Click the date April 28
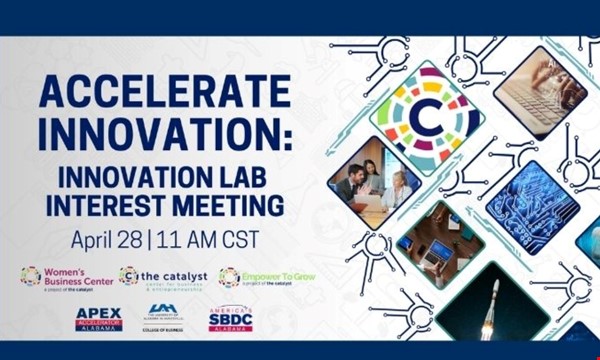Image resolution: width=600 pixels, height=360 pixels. pos(109,240)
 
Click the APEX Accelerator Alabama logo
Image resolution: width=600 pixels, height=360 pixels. pos(99,319)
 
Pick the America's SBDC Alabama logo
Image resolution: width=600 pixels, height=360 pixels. pos(230,319)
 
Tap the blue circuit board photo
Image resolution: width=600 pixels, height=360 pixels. pos(525,205)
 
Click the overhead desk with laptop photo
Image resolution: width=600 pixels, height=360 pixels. pos(441,245)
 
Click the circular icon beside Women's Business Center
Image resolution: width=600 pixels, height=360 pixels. pos(30,276)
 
